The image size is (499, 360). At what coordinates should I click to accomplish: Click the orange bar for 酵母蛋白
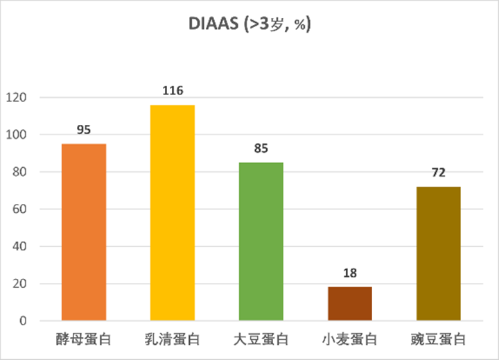84,232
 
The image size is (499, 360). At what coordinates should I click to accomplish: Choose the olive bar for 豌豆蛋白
438,254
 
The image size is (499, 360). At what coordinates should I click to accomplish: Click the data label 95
84,130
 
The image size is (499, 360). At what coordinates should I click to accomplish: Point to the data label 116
173,91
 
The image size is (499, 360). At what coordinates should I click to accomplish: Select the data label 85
261,148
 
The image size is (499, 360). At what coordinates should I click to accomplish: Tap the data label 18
350,273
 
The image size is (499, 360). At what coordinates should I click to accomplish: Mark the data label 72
438,173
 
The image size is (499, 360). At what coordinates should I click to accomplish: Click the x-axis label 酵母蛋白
84,341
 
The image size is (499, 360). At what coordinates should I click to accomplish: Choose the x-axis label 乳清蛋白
173,341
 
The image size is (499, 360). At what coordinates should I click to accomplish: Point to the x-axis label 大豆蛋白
261,341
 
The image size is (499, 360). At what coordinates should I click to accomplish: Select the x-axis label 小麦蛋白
350,341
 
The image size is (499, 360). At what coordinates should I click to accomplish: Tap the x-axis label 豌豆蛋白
438,341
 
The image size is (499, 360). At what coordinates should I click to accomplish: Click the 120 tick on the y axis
17,98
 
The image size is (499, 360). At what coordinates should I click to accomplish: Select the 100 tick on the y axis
17,135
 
